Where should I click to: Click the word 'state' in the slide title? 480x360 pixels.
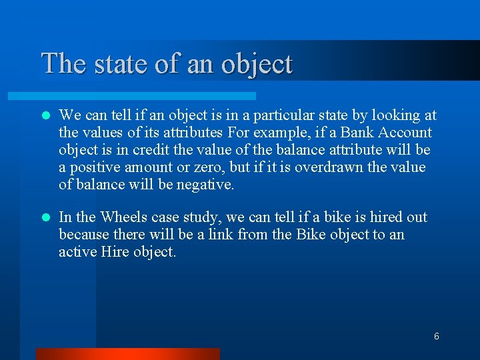pyautogui.click(x=118, y=63)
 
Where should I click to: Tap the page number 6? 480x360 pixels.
pyautogui.click(x=436, y=337)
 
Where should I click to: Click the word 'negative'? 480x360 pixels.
pyautogui.click(x=205, y=185)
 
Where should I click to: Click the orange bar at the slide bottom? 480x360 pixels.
pyautogui.click(x=127, y=353)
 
